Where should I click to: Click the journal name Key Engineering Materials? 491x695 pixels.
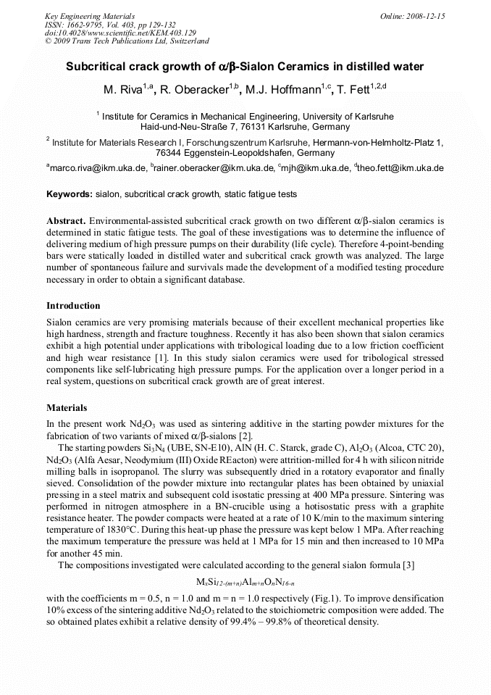point(91,15)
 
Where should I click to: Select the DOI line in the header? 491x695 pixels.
point(120,33)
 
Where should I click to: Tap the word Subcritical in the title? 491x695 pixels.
point(97,67)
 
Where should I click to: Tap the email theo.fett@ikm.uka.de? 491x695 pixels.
point(400,168)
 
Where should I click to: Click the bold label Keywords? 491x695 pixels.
point(70,194)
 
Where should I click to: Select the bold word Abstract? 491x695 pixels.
point(67,220)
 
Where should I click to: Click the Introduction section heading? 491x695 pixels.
point(73,305)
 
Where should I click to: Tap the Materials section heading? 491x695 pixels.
point(67,407)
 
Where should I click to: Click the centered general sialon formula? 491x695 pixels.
point(246,581)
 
